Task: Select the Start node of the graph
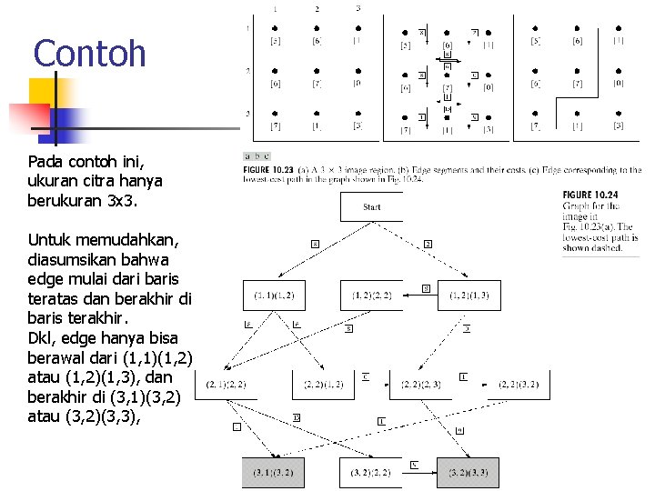(371, 206)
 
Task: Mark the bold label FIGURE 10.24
(589, 195)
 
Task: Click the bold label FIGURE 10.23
(268, 170)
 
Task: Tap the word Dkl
(42, 336)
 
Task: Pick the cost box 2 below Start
(428, 244)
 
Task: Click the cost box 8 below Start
(315, 244)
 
